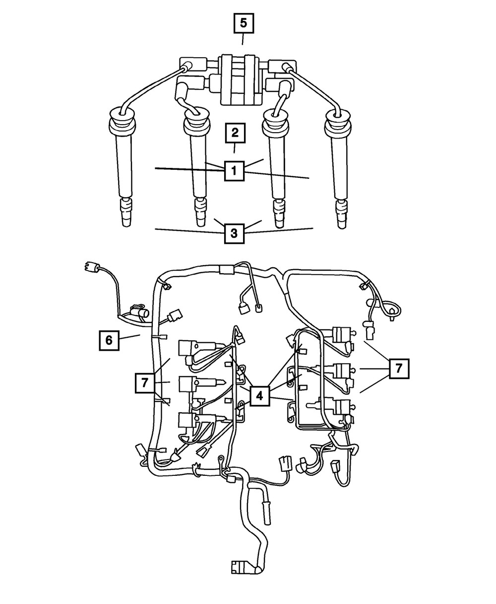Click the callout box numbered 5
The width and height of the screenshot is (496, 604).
pyautogui.click(x=242, y=23)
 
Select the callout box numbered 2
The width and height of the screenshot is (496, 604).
pyautogui.click(x=234, y=133)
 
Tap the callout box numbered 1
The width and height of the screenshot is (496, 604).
pyautogui.click(x=234, y=171)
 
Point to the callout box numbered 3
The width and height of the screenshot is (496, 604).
pyautogui.click(x=235, y=232)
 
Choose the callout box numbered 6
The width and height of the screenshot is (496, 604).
pyautogui.click(x=108, y=340)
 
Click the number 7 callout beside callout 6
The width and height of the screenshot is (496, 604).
pyautogui.click(x=145, y=383)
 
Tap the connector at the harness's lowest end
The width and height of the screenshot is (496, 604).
pyautogui.click(x=242, y=568)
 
